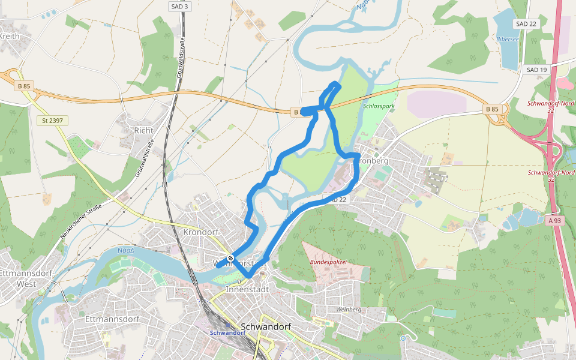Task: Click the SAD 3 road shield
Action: (x=179, y=7)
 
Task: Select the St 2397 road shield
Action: (x=52, y=121)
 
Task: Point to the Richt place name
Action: (x=144, y=130)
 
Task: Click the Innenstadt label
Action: (x=244, y=289)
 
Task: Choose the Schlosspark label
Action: (x=379, y=106)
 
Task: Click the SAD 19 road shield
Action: (x=536, y=70)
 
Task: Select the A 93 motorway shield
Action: (x=554, y=221)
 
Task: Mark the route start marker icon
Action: (x=231, y=258)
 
